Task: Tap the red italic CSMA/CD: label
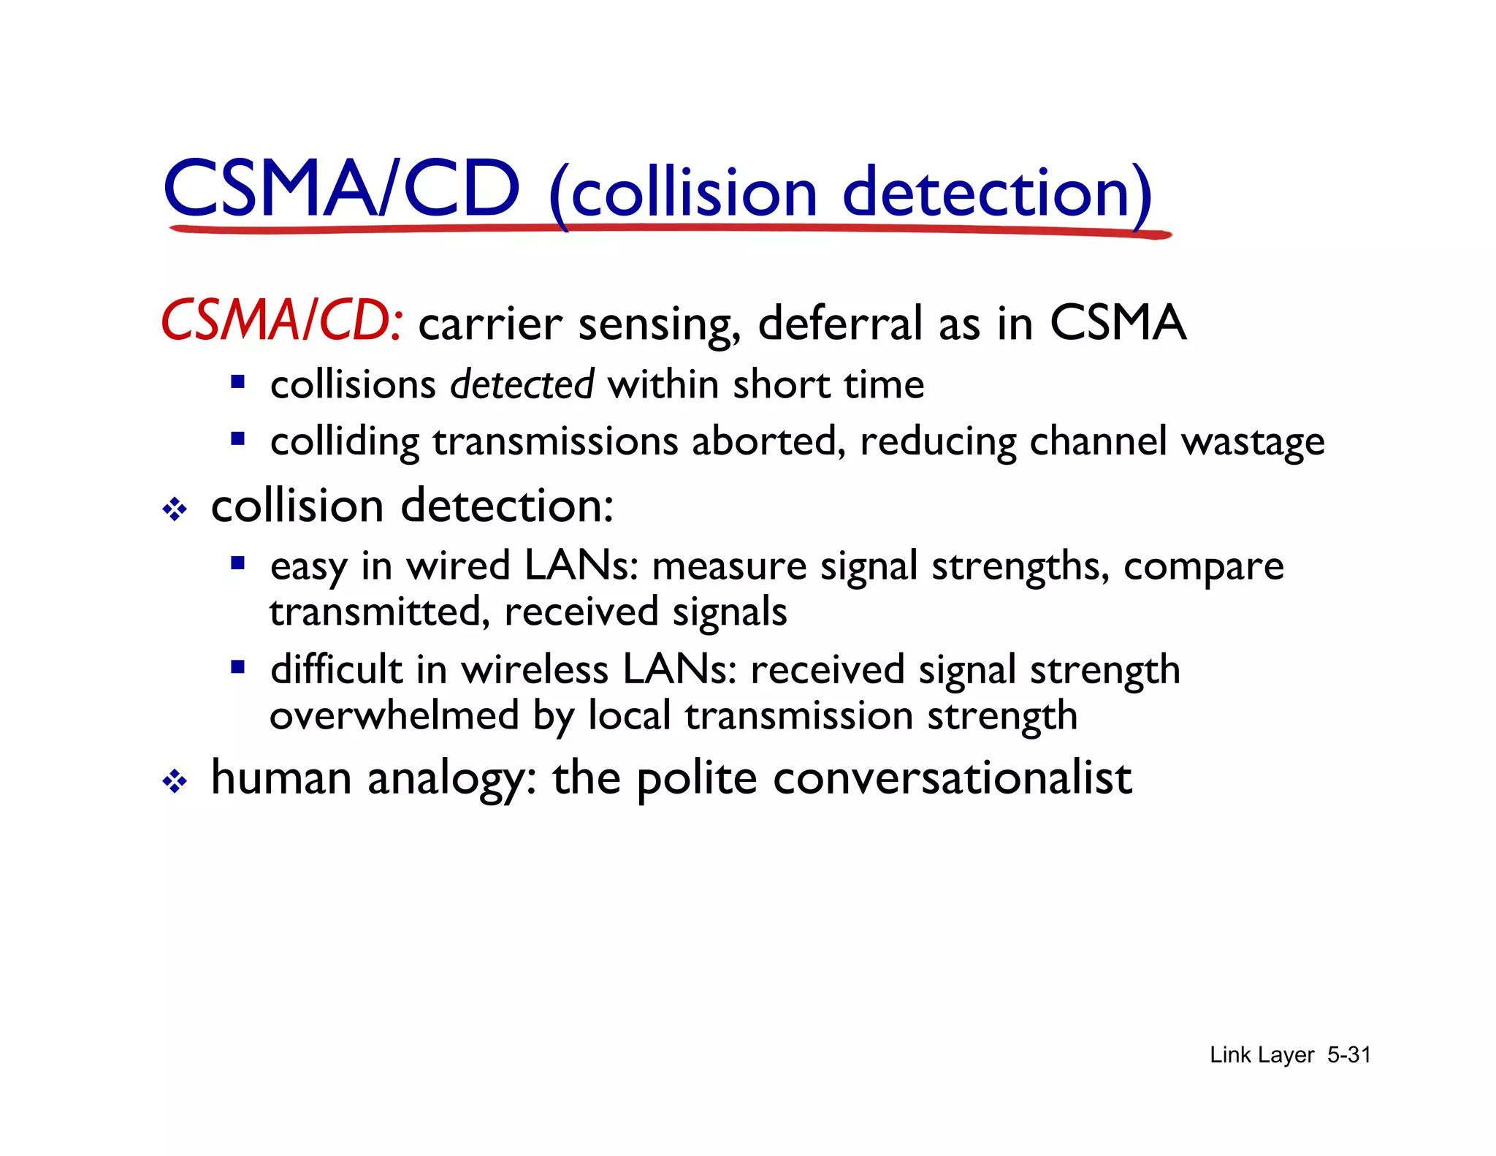pos(281,322)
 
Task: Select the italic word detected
pos(522,384)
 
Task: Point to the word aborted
pos(768,441)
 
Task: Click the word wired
pos(458,566)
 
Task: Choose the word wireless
pos(534,669)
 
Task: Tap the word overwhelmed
pos(394,715)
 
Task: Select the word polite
pos(696,779)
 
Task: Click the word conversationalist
pos(952,777)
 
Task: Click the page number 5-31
pos(1348,1054)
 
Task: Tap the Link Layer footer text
pos(1262,1054)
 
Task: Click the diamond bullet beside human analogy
pos(175,783)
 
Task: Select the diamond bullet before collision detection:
pos(175,509)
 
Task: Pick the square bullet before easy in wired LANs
pos(237,563)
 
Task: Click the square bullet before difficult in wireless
pos(237,667)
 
